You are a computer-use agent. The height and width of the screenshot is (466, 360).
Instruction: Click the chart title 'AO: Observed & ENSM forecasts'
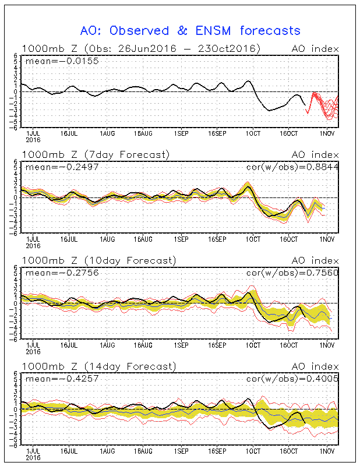click(190, 31)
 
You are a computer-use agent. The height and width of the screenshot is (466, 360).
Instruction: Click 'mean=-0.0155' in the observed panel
click(62, 61)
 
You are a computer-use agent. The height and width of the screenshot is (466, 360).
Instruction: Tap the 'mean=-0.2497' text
click(62, 167)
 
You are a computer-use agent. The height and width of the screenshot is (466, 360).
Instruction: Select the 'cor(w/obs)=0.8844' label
click(292, 167)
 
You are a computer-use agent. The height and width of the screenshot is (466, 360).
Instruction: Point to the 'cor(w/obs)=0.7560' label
click(292, 273)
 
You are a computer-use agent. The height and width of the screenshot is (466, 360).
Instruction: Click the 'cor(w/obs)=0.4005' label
click(292, 379)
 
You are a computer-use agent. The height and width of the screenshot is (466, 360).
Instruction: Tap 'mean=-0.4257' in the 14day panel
click(62, 379)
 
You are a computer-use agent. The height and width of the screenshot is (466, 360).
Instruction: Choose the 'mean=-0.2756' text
click(62, 273)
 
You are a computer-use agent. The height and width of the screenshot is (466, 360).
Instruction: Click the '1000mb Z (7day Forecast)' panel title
click(96, 155)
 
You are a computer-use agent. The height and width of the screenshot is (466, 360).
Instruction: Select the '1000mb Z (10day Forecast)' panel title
click(99, 260)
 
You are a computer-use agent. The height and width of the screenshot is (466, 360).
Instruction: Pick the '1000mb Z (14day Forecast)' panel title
click(99, 366)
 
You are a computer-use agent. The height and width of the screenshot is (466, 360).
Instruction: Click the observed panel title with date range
click(141, 49)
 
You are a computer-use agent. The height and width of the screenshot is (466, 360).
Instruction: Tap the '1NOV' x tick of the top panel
click(327, 133)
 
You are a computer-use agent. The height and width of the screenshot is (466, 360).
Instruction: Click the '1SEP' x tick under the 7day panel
click(181, 239)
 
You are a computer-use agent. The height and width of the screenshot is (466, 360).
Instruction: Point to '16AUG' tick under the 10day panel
click(143, 345)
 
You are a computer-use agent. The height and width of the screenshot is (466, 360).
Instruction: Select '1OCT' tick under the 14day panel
click(253, 451)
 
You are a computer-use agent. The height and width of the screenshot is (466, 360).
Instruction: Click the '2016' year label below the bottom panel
click(33, 457)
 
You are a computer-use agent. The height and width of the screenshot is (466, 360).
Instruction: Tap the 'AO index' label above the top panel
click(315, 49)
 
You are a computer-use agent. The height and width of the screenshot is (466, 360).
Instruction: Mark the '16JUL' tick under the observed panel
click(69, 133)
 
